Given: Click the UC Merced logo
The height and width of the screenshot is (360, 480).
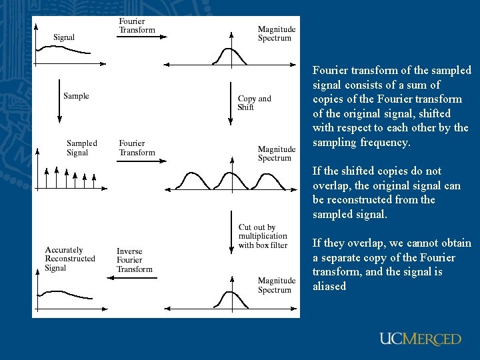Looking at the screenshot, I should tap(420, 339).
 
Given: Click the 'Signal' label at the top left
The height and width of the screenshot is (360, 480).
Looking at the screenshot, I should tap(64, 37).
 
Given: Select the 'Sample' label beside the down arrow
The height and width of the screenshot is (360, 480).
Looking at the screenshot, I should tap(76, 96).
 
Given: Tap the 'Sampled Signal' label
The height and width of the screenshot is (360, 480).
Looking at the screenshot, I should tap(81, 148).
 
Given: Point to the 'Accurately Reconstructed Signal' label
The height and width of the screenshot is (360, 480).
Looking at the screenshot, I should tap(69, 259).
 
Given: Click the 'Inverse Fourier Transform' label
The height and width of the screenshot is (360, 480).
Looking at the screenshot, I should tap(134, 260).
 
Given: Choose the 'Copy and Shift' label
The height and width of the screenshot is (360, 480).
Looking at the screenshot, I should tap(254, 103).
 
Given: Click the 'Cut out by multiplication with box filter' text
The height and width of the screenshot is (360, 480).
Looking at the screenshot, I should tap(263, 236).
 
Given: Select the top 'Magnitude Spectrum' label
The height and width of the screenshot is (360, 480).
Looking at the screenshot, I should tap(276, 34).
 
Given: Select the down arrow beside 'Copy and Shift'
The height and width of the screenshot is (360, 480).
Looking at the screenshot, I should tap(230, 104).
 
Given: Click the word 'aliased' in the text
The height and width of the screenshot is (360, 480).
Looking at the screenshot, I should tap(329, 287).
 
